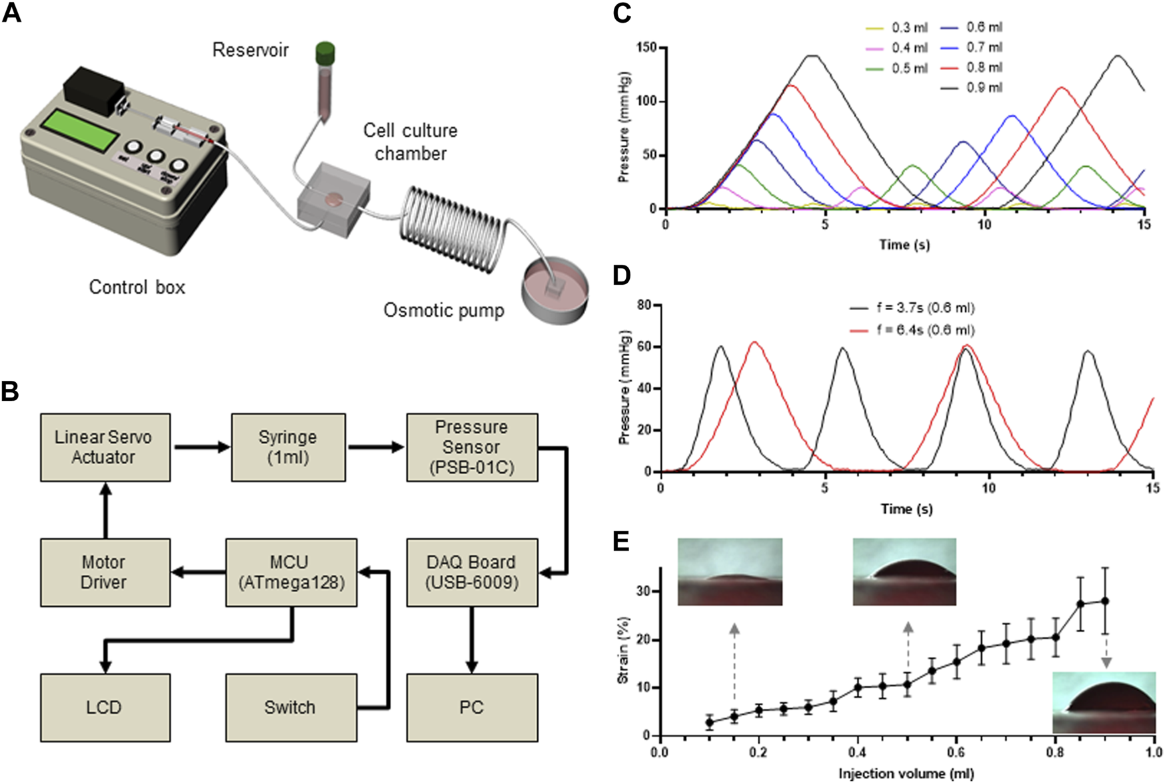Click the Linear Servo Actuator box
click(x=105, y=447)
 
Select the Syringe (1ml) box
click(x=288, y=447)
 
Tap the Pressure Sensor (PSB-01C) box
click(x=472, y=447)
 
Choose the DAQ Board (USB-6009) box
click(x=472, y=572)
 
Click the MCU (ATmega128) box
click(x=291, y=572)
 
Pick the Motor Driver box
click(x=105, y=572)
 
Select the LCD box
click(x=105, y=707)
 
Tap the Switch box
click(x=291, y=707)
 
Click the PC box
click(x=472, y=707)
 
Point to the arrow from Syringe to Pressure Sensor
click(x=376, y=447)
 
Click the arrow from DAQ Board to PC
click(x=472, y=640)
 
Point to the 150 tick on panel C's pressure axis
click(x=646, y=48)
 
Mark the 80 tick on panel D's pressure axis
click(x=644, y=305)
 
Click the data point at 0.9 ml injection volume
click(x=1105, y=601)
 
